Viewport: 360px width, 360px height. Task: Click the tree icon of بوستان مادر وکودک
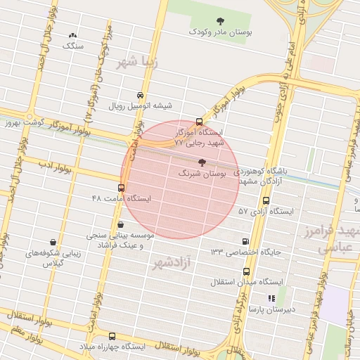point(219,20)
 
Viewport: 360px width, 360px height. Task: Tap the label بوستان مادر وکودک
point(219,32)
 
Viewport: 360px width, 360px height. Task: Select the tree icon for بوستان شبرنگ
point(202,162)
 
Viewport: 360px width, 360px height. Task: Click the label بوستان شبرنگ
point(200,173)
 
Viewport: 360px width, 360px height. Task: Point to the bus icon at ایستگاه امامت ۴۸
point(121,188)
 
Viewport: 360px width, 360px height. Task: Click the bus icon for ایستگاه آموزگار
point(199,122)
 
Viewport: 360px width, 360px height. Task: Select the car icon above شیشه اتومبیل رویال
point(140,96)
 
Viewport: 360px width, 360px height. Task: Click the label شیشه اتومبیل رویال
point(140,107)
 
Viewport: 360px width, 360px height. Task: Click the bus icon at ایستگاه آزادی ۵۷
point(265,200)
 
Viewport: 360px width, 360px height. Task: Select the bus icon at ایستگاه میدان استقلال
point(245,271)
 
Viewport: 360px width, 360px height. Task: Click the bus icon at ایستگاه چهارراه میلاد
point(112,337)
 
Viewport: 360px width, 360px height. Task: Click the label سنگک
point(72,46)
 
